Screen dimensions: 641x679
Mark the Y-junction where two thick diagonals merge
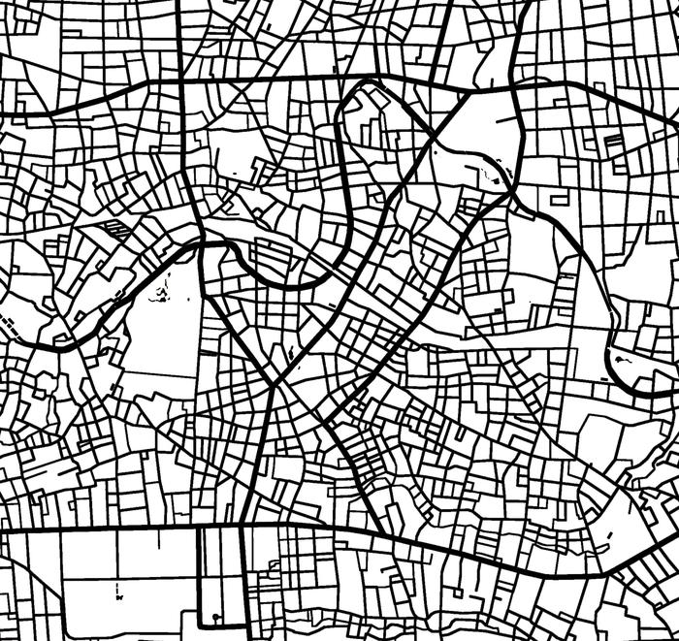(275, 383)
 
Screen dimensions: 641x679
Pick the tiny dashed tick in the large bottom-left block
(118, 589)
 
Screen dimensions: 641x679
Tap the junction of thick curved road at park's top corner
(201, 243)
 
